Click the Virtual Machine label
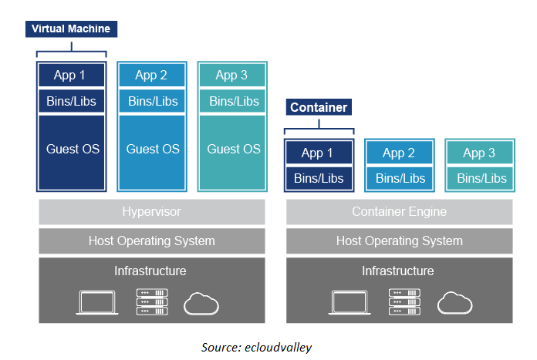(71, 29)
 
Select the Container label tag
(318, 107)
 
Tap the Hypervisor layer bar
(151, 212)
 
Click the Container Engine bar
(399, 212)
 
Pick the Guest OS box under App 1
(72, 150)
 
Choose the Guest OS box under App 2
(152, 150)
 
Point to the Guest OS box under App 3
(233, 150)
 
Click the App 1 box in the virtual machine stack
(71, 76)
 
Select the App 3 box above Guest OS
(233, 76)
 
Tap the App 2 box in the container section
(399, 153)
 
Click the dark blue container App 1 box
(319, 153)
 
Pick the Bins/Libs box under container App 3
(481, 178)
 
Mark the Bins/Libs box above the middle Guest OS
(152, 101)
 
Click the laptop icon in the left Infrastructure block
(96, 302)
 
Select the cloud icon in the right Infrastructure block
(455, 303)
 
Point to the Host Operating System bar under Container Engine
(399, 241)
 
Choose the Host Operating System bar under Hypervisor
(151, 241)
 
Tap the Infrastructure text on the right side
(398, 271)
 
